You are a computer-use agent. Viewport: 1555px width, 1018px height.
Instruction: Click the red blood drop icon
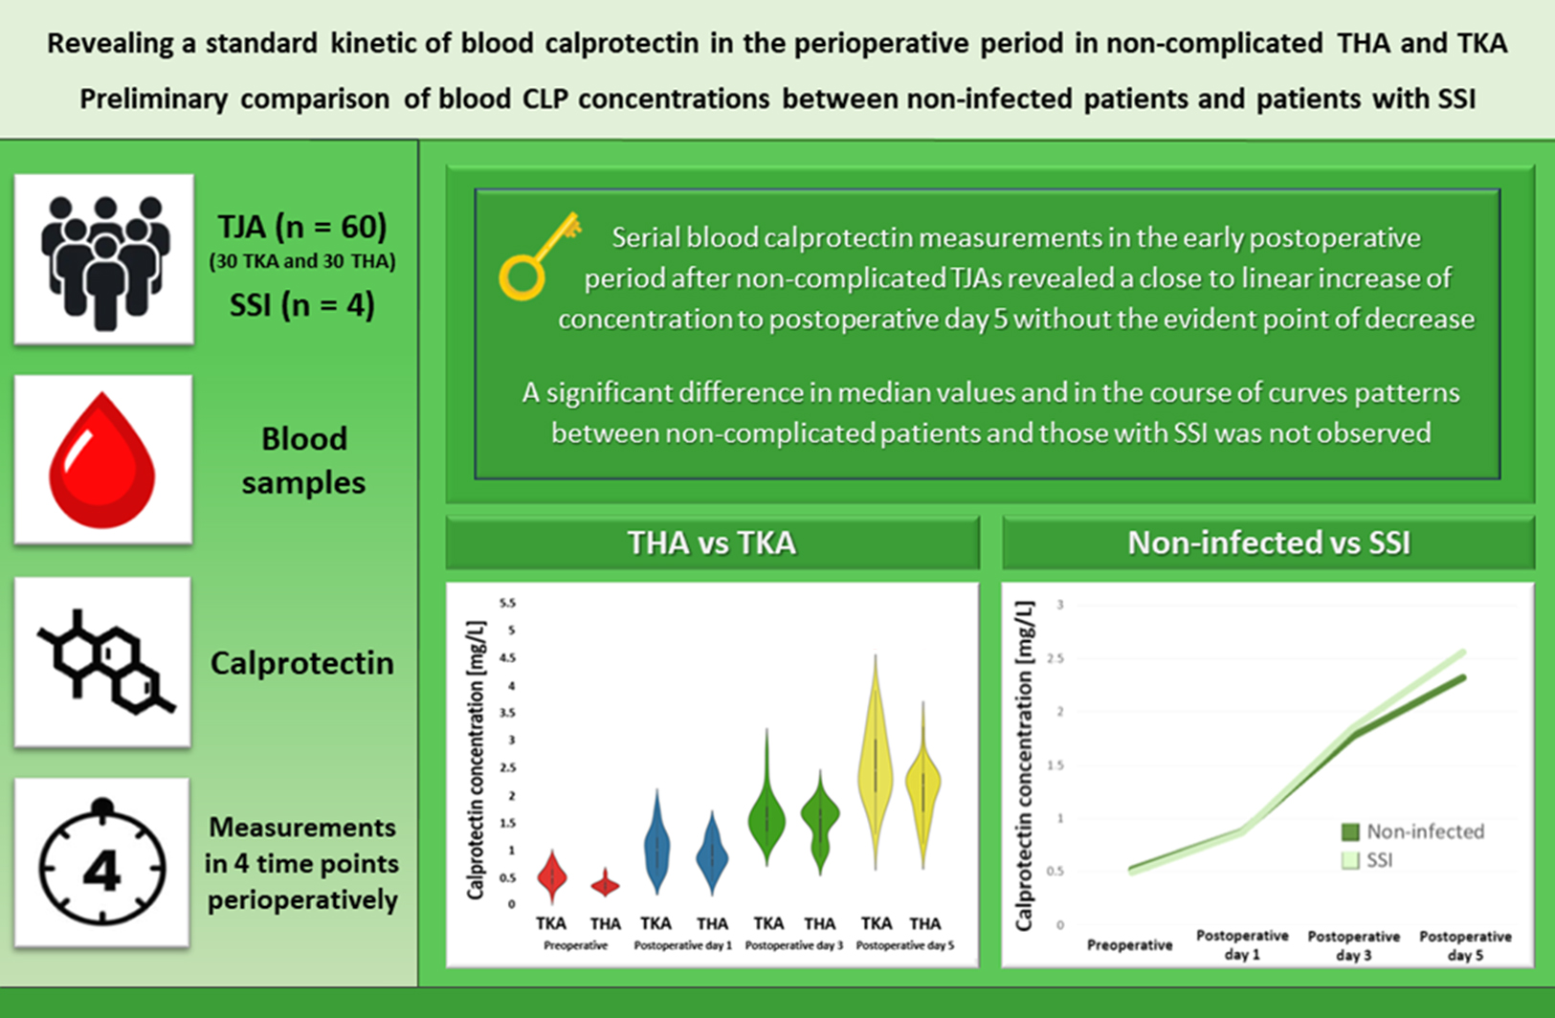[x=102, y=460]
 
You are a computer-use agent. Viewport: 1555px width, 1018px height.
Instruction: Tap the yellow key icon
[x=539, y=254]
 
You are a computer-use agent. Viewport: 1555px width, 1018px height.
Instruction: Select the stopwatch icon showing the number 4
[x=102, y=864]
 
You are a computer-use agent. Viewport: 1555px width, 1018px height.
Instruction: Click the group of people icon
[x=104, y=259]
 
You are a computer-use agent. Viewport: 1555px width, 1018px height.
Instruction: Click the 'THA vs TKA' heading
[x=711, y=543]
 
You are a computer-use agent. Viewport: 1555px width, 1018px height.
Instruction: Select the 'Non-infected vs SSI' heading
[x=1268, y=543]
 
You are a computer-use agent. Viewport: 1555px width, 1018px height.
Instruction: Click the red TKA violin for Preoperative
[x=551, y=875]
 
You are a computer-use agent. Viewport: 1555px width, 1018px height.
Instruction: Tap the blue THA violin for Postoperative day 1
[x=711, y=854]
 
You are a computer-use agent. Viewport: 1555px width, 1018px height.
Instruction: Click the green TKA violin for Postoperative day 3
[x=766, y=813]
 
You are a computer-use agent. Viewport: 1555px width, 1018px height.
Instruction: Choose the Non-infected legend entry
[x=1414, y=832]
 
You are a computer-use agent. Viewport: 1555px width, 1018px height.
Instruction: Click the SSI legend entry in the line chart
[x=1368, y=860]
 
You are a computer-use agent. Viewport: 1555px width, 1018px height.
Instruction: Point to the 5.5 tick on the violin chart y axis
[x=506, y=603]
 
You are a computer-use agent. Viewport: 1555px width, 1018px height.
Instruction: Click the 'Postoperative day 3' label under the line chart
[x=1353, y=945]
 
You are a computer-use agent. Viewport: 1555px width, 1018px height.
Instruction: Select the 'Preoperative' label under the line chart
[x=1129, y=945]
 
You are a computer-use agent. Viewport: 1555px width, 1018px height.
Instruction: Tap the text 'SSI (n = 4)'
[x=301, y=305]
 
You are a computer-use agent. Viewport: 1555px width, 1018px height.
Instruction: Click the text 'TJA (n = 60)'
[x=301, y=227]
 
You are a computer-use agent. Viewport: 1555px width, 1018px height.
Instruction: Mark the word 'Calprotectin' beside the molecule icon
[x=301, y=663]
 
